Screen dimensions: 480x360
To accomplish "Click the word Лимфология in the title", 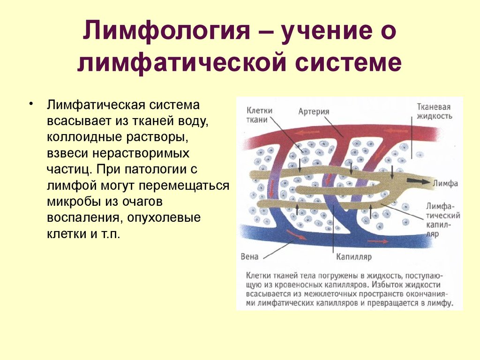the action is coord(166,31).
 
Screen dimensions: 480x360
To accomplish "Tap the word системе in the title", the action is coord(348,62).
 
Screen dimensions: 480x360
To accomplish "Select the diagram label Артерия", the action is coord(314,112).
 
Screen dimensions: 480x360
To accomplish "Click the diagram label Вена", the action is coord(249,256).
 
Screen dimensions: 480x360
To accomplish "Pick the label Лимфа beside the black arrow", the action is coord(445,183).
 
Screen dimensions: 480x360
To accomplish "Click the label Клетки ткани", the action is coord(259,115).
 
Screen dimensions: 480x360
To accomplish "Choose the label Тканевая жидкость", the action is coord(434,112).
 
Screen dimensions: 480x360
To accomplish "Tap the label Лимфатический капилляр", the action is coord(443,220).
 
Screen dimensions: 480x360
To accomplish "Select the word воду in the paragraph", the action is coord(193,121).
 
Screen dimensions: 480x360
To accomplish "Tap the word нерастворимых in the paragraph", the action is coord(141,153).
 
